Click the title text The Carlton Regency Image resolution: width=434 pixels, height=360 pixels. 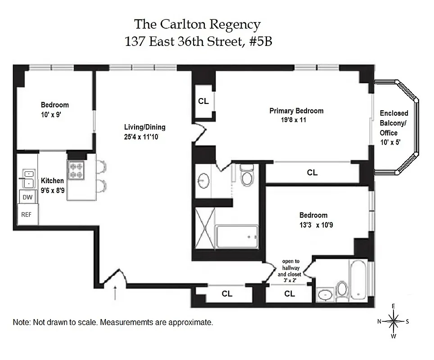pos(198,24)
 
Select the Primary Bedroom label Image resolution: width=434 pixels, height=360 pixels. pos(296,111)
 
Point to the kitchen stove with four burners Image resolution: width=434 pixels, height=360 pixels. pos(76,170)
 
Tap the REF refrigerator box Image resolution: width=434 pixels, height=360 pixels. pos(27,215)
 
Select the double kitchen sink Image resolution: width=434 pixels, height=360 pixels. pos(28,178)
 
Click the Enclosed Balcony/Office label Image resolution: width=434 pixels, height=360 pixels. pos(394,123)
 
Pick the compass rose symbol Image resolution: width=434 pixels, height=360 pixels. pos(394,321)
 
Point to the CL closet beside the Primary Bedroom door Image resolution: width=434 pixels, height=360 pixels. pos(203,101)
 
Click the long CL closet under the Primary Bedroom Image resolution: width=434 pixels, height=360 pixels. pos(312,172)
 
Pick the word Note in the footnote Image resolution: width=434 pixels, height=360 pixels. pos(21,323)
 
